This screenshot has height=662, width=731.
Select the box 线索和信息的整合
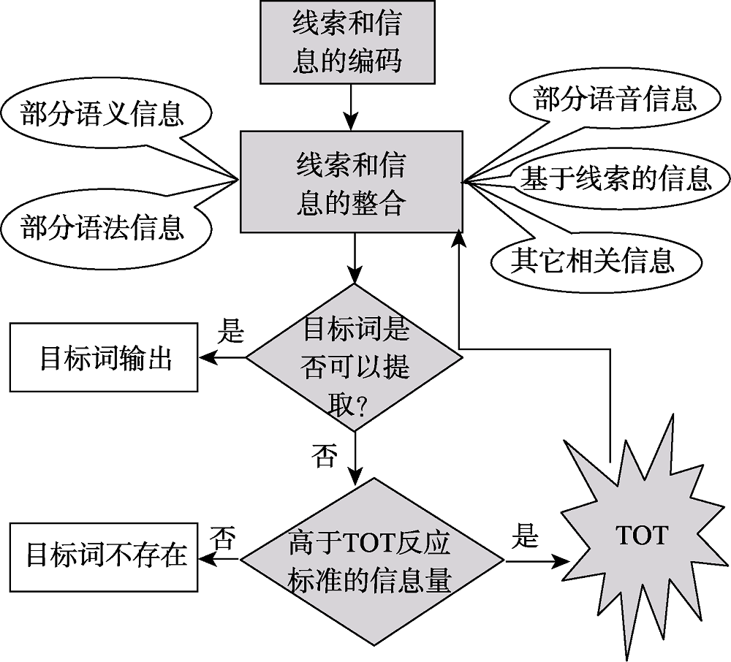point(351,183)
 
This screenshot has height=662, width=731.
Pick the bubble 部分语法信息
point(102,228)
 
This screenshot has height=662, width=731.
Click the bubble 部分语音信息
point(615,99)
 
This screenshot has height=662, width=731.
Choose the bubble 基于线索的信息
point(614,178)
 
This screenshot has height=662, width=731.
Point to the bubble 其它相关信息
point(591,259)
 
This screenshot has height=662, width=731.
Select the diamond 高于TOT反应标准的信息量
point(371,561)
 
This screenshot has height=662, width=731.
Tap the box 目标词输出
point(105,359)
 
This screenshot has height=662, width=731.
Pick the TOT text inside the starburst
point(641,536)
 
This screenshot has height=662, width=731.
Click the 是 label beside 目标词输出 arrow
point(230,332)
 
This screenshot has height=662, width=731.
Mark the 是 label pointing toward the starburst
point(523,537)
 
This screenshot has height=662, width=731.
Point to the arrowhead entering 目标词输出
point(206,358)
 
